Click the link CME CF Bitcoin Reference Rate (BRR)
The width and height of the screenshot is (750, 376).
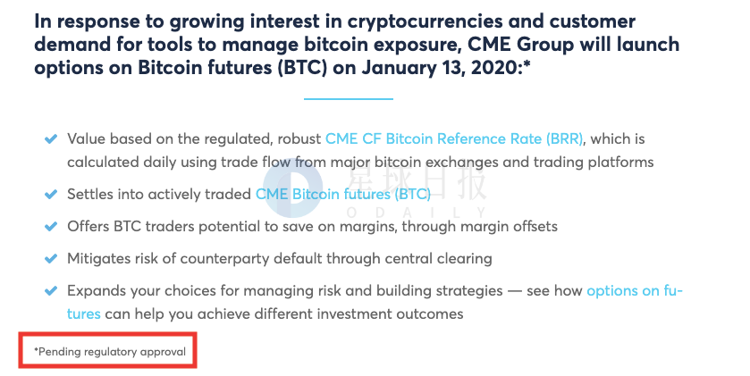(454, 139)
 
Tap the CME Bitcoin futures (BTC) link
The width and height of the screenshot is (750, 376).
(343, 195)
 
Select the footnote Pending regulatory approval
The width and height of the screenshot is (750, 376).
(110, 352)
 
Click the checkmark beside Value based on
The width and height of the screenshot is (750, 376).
(51, 139)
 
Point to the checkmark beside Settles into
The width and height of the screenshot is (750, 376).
(51, 195)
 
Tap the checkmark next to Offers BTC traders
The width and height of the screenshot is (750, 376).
(51, 227)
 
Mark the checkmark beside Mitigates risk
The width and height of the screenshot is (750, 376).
(51, 258)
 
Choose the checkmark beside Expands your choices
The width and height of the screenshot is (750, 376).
(51, 290)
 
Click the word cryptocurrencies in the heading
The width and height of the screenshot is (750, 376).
(425, 22)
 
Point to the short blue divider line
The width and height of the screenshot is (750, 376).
(349, 99)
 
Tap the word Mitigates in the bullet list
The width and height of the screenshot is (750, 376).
(98, 258)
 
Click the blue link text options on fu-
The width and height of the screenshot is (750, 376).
(635, 291)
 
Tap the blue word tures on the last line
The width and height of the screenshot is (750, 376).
(84, 314)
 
